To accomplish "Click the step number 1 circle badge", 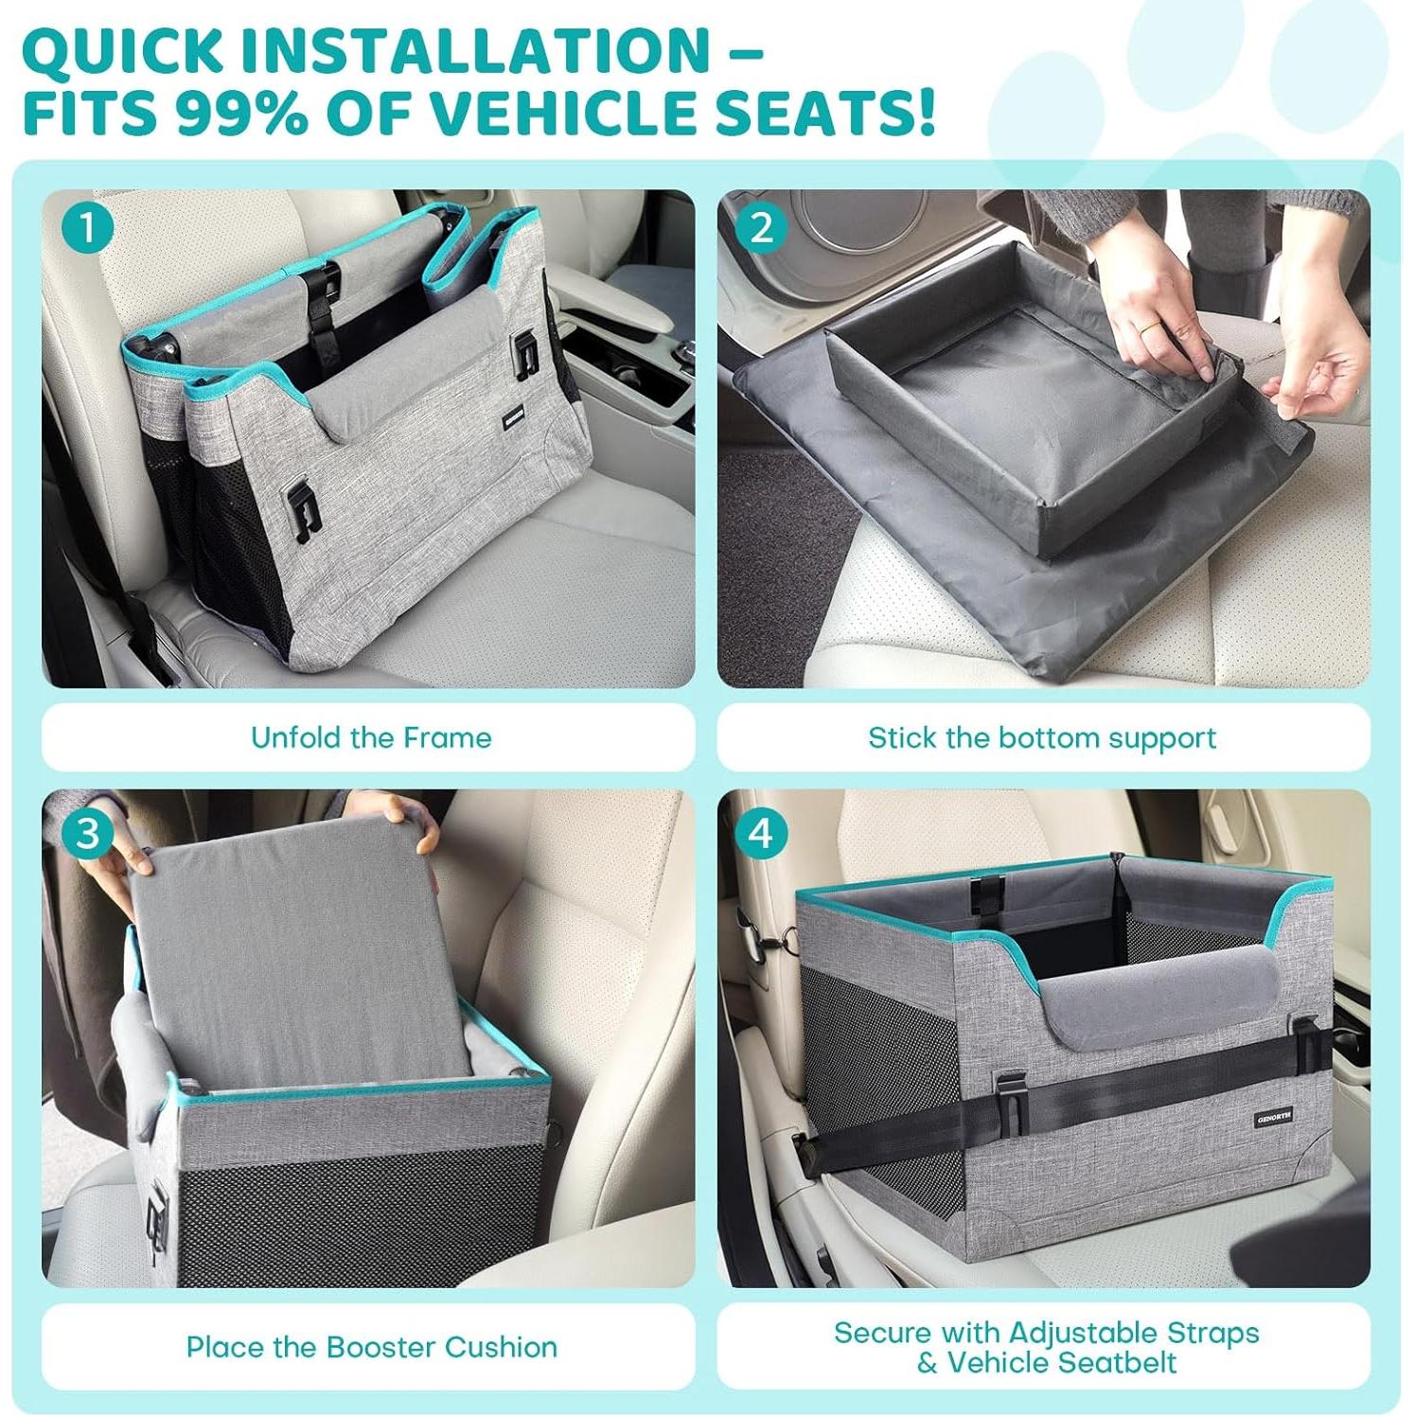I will click(87, 228).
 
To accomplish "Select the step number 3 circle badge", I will click(87, 834).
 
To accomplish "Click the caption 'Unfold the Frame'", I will click(371, 737).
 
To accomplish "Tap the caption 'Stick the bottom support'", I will click(1042, 737).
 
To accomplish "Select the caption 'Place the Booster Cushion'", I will click(371, 1347).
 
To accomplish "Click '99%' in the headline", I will click(241, 112).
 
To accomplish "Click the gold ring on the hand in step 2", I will click(1148, 327).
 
